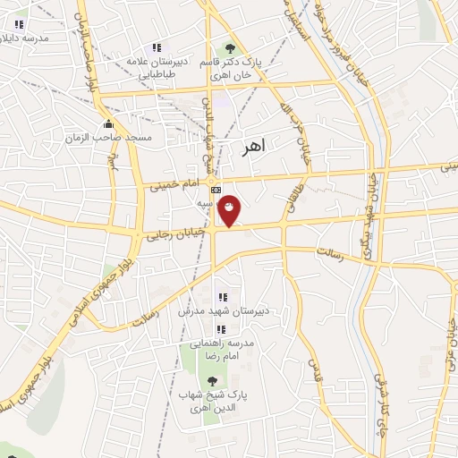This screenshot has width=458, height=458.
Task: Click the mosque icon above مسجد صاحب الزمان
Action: [109, 123]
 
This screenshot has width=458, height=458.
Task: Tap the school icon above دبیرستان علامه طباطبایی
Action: [157, 47]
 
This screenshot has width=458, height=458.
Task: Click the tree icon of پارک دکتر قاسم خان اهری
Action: [231, 49]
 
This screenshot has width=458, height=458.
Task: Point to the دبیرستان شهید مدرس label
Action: [221, 310]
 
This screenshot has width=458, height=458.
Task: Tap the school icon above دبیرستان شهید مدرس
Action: [223, 297]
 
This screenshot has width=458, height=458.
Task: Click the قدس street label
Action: [314, 366]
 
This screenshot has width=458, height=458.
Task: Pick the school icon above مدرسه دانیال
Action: [19, 24]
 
